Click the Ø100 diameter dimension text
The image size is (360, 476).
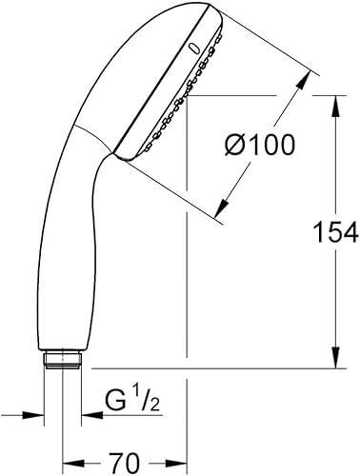257,146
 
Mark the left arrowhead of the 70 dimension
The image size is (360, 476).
69,463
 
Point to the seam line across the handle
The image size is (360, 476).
90,138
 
